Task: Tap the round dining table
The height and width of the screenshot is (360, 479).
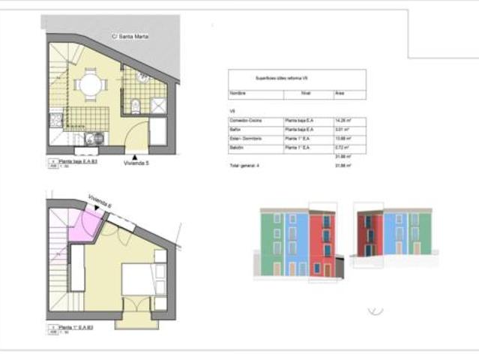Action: tap(90, 84)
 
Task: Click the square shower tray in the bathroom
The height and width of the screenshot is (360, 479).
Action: tap(158, 106)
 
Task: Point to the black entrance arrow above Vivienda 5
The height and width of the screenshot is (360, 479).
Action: tap(134, 157)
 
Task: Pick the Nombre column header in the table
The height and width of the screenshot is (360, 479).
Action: tap(238, 94)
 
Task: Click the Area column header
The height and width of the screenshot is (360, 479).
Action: tap(340, 94)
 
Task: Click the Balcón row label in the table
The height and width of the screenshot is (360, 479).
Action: tap(238, 148)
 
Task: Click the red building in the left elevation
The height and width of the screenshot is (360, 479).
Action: tap(322, 244)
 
